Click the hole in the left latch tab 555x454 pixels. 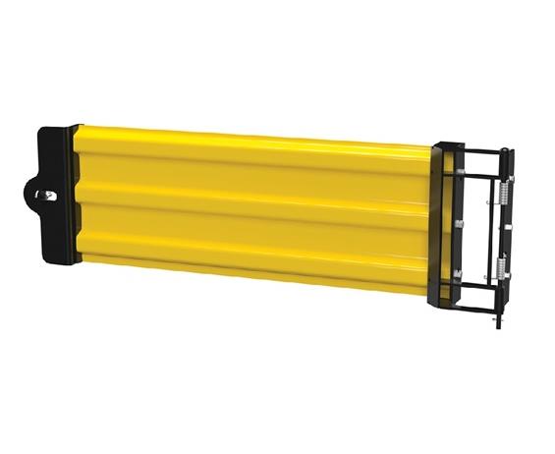coord(44,195)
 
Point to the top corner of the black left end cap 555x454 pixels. coord(72,127)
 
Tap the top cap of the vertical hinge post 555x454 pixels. coord(506,151)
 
